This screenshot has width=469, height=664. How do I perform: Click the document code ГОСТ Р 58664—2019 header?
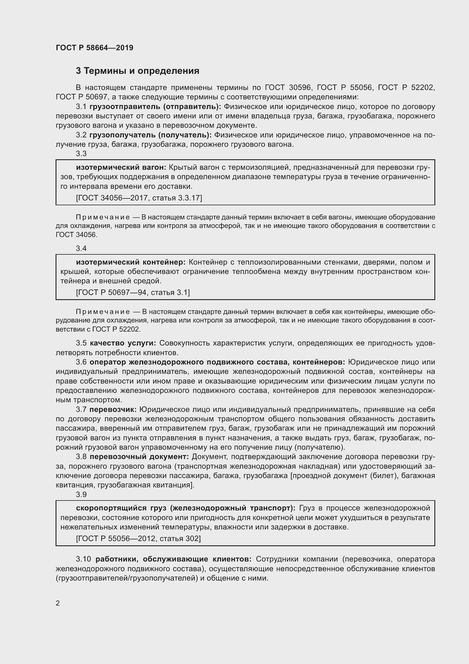(94, 48)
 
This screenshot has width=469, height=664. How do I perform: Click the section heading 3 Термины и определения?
(138, 71)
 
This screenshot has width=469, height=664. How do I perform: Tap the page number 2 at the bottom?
(58, 603)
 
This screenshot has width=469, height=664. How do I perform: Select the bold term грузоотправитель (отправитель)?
(155, 107)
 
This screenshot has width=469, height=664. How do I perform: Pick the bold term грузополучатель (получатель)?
(151, 135)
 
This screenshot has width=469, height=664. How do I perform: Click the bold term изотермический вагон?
(121, 167)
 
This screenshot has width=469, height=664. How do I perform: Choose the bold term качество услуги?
(123, 343)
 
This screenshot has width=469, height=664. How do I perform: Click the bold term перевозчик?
(113, 410)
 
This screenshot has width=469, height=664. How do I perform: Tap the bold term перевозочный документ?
(139, 457)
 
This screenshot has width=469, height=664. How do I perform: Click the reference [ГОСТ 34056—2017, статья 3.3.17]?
(139, 198)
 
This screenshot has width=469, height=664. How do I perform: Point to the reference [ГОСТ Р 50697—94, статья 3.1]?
(133, 292)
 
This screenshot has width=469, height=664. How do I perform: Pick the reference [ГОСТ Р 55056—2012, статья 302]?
(138, 539)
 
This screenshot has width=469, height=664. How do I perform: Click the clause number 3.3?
(81, 154)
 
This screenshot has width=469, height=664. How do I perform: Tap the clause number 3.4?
(81, 248)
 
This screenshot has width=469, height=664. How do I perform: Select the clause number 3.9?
(81, 495)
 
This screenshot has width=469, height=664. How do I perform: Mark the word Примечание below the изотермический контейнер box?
(103, 312)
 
